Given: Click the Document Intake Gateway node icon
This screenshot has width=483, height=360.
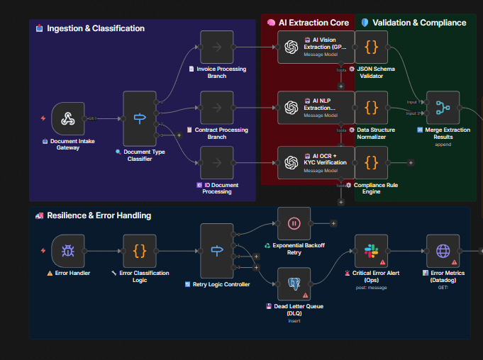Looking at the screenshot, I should pos(68,118).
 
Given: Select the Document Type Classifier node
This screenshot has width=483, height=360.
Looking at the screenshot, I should pos(140,118).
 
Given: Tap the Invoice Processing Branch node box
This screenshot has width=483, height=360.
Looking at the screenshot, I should pos(216,47).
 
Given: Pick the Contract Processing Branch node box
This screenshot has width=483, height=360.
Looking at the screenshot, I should pos(216,108).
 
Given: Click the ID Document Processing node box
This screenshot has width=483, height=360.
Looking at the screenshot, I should pos(216,163).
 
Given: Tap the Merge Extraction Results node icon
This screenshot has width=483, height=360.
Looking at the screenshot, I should pos(443,108).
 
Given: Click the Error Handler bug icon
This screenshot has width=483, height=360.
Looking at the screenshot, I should pos(68,251).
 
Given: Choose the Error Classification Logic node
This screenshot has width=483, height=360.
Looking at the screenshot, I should pos(140,251).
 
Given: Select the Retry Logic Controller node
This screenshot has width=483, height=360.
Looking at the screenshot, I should pos(216,251).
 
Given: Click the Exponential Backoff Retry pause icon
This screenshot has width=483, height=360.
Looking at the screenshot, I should pos(294,223).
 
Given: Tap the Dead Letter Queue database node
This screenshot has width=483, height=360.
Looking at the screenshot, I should pos(294,283).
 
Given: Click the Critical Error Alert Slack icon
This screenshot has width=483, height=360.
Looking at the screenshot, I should pos(371,251).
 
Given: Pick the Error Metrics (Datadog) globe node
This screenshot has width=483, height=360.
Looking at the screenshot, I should pos(443,251).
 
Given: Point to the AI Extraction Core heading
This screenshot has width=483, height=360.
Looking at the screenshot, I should pos(313,23).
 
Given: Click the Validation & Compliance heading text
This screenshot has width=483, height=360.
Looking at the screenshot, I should pos(419,23).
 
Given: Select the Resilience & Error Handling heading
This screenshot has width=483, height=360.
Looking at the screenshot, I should pos(99,215).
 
